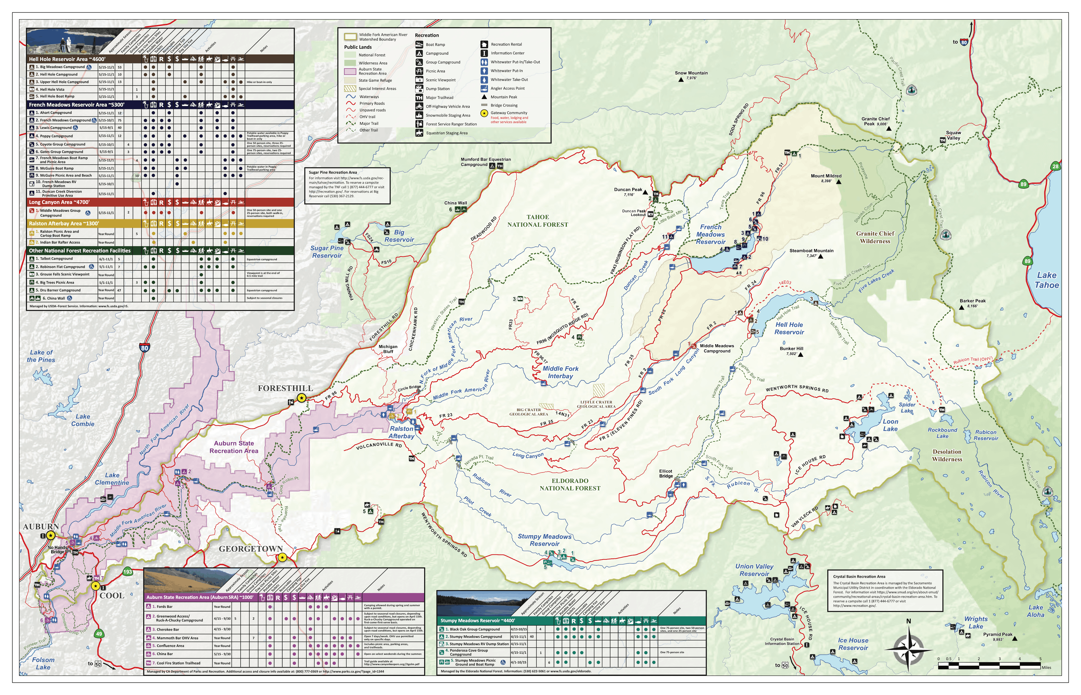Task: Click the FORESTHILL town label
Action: click(x=285, y=388)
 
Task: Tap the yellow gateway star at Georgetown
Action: click(x=282, y=557)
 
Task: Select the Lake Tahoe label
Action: click(x=1046, y=280)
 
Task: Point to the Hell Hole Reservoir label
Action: click(x=789, y=328)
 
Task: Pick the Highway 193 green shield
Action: click(x=128, y=572)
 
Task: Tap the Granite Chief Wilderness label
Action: click(x=875, y=237)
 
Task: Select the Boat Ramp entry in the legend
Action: click(x=435, y=45)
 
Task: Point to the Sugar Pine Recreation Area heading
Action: click(x=333, y=172)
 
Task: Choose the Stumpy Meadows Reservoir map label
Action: click(x=544, y=540)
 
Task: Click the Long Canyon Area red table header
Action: click(x=59, y=202)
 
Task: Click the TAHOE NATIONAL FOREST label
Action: click(x=538, y=221)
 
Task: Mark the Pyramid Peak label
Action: click(x=997, y=634)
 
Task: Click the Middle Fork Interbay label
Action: click(x=560, y=372)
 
